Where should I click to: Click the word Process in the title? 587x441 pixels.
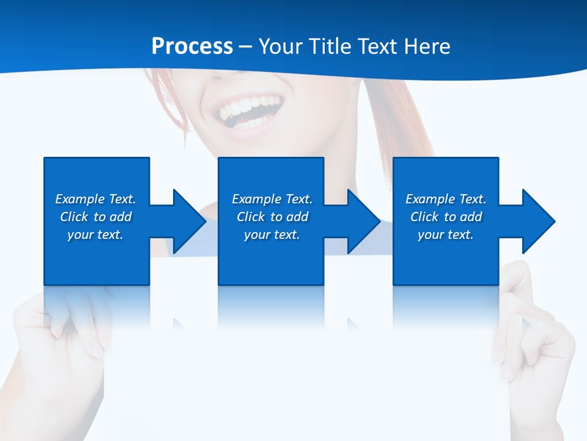pos(192,47)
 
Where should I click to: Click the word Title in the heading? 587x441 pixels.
pos(330,47)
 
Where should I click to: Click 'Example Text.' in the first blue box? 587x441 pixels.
pos(95,199)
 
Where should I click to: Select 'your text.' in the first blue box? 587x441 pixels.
pos(95,235)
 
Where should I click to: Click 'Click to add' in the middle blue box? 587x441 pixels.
pos(272,217)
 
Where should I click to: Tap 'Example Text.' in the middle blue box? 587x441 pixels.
pos(272,199)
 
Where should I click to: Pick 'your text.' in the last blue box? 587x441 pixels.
pos(446,235)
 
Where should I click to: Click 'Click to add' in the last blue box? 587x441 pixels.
pos(446,217)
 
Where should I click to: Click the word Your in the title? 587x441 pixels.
pos(281,47)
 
